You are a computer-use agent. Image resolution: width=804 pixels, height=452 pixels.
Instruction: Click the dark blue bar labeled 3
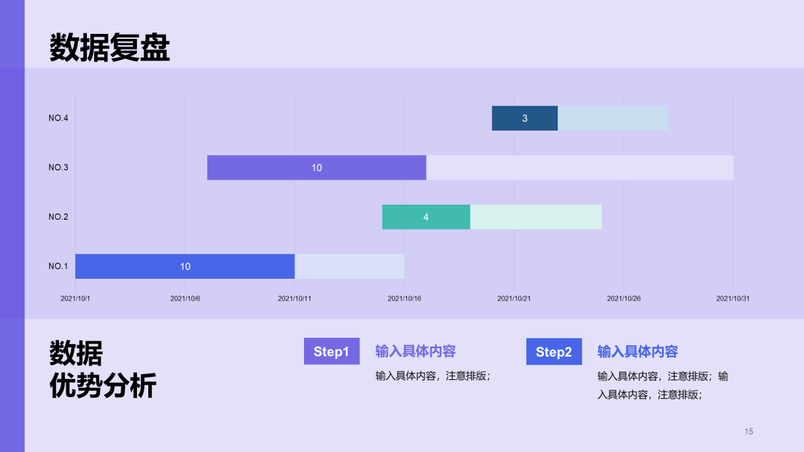[x=524, y=118]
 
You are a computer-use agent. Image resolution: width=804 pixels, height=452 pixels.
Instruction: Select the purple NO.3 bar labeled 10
[x=317, y=168]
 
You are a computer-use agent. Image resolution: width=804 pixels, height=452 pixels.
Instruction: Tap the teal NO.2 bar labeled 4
[x=426, y=217]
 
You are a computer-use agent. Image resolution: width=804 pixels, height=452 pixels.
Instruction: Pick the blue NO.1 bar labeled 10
[x=185, y=266]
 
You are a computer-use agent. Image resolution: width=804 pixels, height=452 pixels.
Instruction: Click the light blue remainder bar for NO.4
[x=612, y=118]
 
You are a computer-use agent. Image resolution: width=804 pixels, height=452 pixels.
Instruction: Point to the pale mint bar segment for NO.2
[x=536, y=217]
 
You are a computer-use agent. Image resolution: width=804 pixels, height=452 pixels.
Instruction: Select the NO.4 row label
[x=58, y=118]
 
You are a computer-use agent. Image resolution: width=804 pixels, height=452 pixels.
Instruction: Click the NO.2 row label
[x=58, y=217]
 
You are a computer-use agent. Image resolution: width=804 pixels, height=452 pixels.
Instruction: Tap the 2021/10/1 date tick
[x=75, y=298]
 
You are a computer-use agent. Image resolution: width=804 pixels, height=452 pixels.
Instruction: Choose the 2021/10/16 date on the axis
[x=404, y=298]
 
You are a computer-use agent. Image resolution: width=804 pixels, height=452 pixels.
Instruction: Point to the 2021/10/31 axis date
[x=733, y=298]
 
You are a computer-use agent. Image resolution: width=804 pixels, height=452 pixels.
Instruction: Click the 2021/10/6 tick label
[x=185, y=298]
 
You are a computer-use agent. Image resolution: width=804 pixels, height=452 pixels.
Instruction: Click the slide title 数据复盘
[x=109, y=47]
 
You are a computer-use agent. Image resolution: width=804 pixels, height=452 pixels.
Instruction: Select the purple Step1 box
[x=332, y=351]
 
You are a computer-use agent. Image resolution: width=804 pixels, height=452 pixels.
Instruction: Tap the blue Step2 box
[x=554, y=352]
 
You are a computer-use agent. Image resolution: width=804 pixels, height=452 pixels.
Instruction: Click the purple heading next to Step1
[x=416, y=351]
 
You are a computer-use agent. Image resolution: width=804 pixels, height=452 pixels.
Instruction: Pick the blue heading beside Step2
[x=638, y=352]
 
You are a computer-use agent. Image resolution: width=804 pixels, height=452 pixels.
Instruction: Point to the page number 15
[x=749, y=431]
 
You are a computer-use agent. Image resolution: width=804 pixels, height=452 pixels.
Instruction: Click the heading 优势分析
[x=103, y=385]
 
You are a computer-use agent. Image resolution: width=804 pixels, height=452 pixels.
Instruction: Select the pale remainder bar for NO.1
[x=350, y=266]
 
